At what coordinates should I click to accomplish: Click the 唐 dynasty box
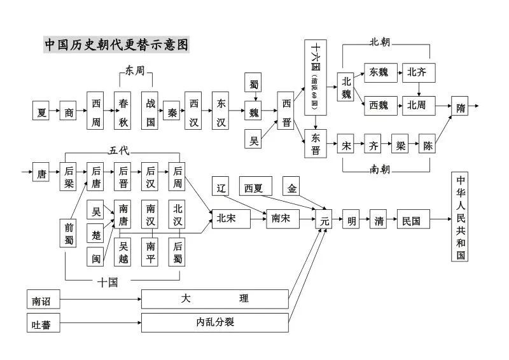tap(41, 172)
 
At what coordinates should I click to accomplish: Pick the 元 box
tap(324, 221)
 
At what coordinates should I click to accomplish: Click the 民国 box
tap(412, 221)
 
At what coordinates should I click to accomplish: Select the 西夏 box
tap(256, 188)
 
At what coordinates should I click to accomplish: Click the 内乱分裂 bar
tap(215, 322)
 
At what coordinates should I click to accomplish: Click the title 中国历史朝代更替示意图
tap(116, 45)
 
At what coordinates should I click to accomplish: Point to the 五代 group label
tap(118, 150)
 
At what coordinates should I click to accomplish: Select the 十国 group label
tap(109, 282)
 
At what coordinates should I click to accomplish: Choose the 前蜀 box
tap(70, 233)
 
